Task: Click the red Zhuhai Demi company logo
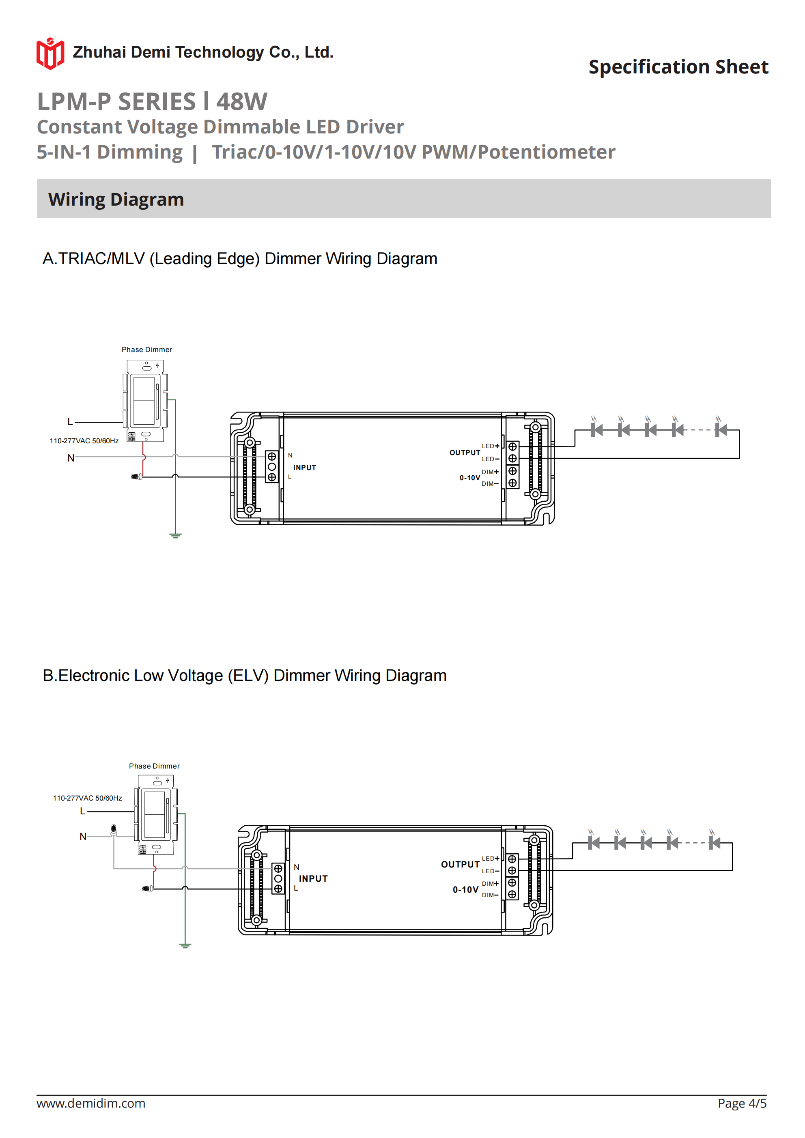tap(50, 54)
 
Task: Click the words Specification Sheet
tap(678, 67)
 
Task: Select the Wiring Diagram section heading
tap(116, 199)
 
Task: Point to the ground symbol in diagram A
tap(175, 535)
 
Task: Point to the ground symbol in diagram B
tap(185, 945)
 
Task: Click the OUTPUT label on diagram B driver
tap(460, 864)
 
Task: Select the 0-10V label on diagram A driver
tap(469, 478)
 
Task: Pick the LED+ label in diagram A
tap(490, 446)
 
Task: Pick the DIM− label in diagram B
tap(490, 895)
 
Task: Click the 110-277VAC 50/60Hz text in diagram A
tap(84, 440)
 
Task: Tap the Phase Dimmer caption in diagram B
tap(154, 766)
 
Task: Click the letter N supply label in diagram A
tap(71, 458)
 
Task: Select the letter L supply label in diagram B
tap(83, 812)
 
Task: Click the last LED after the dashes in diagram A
tap(720, 430)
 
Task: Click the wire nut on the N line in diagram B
tap(114, 829)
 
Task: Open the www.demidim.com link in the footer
tap(91, 1103)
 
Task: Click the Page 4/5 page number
tap(742, 1103)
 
